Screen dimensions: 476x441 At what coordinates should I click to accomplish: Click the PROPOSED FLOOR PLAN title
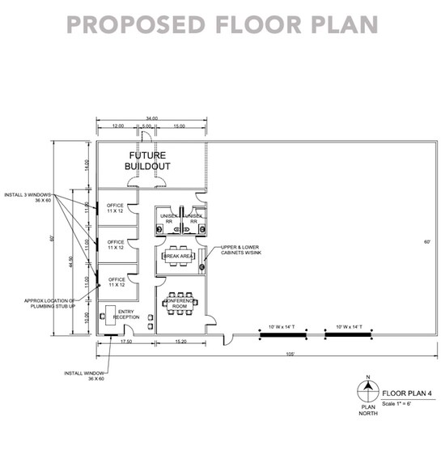tap(221, 24)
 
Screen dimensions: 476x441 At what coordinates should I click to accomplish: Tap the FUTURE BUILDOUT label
tap(146, 160)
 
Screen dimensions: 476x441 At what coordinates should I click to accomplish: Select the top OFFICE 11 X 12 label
tap(116, 208)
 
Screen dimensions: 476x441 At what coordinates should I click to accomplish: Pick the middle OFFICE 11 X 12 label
tap(116, 244)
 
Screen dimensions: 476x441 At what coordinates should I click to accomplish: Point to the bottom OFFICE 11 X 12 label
tap(116, 282)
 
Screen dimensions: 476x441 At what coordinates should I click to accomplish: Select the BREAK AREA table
tap(178, 257)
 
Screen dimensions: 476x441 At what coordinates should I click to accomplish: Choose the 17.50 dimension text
tap(126, 342)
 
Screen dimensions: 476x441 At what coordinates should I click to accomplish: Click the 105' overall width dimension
tap(289, 355)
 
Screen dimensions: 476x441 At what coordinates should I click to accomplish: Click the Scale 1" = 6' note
tap(401, 402)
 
